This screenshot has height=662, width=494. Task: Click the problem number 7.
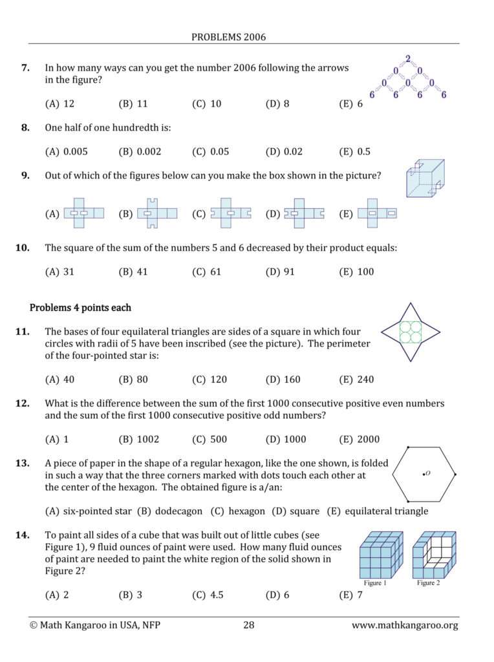click(x=26, y=68)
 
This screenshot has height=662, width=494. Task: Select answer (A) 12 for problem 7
click(x=59, y=103)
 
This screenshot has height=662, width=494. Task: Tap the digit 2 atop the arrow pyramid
click(x=407, y=59)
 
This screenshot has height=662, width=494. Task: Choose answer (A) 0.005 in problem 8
click(x=66, y=152)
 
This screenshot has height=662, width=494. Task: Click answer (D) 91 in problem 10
click(x=280, y=272)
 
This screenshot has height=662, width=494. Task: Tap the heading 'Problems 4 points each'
click(x=80, y=307)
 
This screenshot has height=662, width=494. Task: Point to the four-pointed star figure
click(x=410, y=332)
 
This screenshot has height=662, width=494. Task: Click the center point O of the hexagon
click(x=424, y=475)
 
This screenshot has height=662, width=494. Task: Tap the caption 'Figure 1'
click(x=375, y=583)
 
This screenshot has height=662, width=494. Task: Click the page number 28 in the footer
click(x=250, y=625)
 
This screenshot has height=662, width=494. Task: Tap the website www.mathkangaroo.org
click(x=405, y=625)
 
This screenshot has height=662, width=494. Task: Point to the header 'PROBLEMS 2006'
click(x=228, y=37)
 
